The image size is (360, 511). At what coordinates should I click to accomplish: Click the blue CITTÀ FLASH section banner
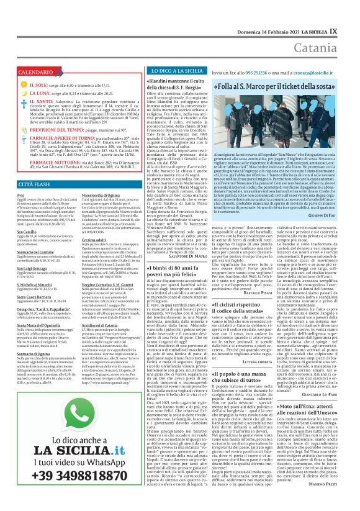[30, 184]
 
